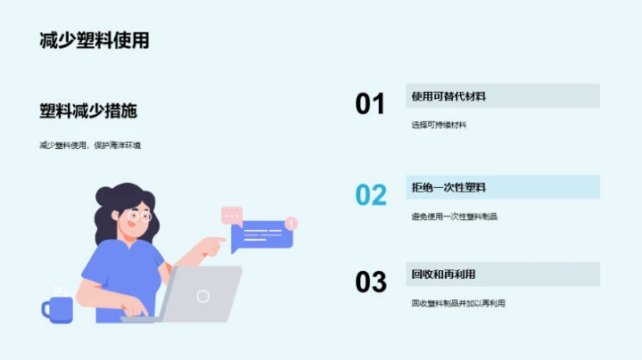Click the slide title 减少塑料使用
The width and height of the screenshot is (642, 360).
94,40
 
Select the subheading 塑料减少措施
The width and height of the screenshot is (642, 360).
88,111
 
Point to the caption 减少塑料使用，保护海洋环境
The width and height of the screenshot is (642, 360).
90,144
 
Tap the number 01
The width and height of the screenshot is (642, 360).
370,104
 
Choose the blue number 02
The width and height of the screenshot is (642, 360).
370,194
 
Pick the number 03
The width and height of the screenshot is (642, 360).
370,282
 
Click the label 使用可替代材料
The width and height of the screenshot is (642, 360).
449,96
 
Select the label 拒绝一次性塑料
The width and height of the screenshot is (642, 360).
449,187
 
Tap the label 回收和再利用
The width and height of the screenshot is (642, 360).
443,274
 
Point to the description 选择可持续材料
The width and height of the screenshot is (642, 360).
439,125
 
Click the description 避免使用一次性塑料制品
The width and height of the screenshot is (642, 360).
455,216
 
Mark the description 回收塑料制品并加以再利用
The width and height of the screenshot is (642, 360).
458,303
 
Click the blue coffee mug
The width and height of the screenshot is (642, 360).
59,308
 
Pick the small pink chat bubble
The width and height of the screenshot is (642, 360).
232,215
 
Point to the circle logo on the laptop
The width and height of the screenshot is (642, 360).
203,296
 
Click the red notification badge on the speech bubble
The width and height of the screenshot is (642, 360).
291,223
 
